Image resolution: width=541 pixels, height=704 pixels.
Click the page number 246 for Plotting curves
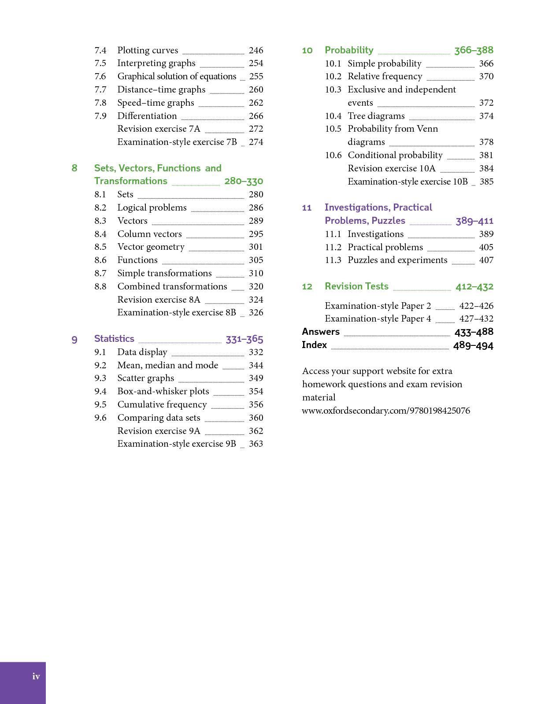click(256, 50)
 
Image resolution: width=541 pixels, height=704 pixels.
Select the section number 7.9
click(100, 116)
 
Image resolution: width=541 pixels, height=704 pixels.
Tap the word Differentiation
click(147, 116)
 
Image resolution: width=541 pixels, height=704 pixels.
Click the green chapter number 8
click(74, 168)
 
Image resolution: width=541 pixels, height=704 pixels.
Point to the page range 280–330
click(244, 181)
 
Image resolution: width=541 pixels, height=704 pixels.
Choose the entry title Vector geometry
click(151, 247)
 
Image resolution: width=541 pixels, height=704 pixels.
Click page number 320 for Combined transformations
click(256, 286)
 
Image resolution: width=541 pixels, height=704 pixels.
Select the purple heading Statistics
click(114, 339)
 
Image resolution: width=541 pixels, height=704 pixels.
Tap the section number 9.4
click(100, 391)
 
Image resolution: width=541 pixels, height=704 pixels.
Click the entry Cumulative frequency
click(162, 404)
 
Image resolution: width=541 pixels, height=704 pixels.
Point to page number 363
click(256, 444)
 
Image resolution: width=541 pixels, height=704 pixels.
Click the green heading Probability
click(349, 50)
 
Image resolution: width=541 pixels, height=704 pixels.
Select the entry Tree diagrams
click(376, 116)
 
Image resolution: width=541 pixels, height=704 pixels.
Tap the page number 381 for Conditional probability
click(486, 155)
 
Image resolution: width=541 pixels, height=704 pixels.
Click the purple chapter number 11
click(307, 207)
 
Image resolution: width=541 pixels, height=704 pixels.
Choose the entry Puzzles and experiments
click(397, 260)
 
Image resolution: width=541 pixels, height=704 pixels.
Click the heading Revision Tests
click(356, 286)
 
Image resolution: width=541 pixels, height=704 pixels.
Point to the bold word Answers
click(321, 332)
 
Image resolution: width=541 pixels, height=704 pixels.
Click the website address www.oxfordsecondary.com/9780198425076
click(386, 411)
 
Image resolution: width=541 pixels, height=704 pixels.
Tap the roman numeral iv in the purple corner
click(36, 676)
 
